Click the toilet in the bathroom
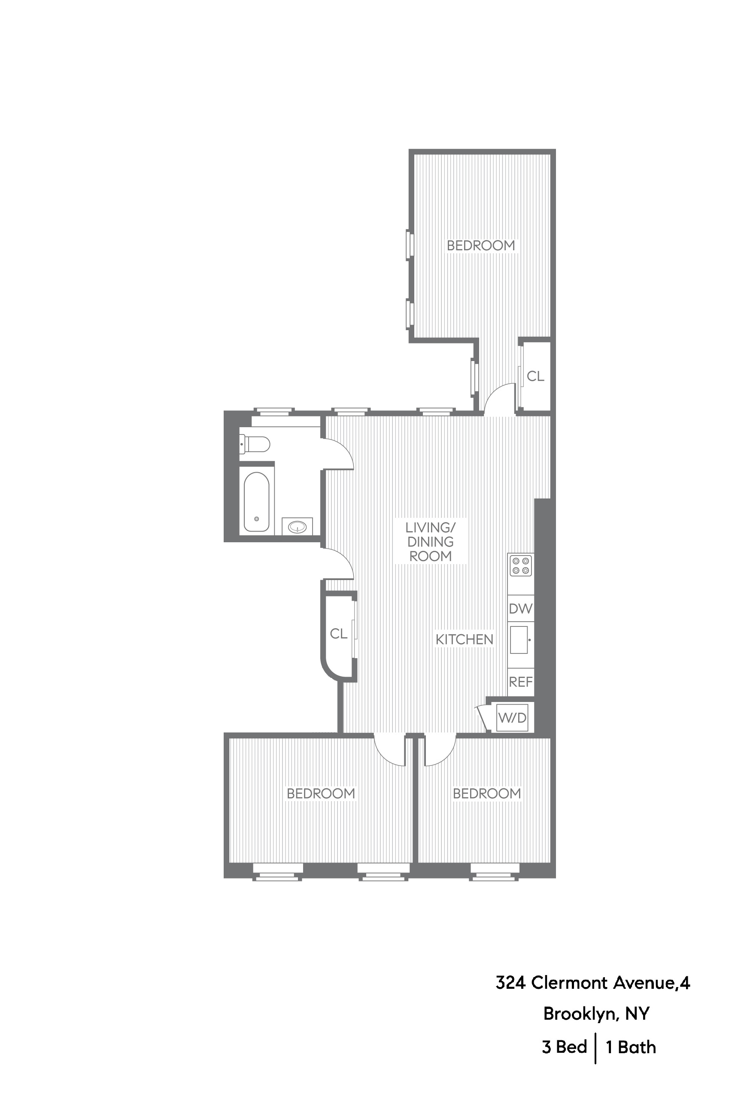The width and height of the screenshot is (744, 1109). (x=255, y=444)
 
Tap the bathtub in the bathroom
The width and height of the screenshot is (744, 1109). (x=256, y=502)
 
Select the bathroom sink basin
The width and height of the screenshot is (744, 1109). (x=298, y=526)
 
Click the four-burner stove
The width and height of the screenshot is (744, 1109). (x=520, y=565)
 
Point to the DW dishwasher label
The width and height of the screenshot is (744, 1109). (x=520, y=608)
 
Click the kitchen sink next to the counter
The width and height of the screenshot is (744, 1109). (x=519, y=640)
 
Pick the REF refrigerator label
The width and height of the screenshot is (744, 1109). (x=520, y=682)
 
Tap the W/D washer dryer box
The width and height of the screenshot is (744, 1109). (x=513, y=717)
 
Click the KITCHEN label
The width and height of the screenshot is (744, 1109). (x=464, y=640)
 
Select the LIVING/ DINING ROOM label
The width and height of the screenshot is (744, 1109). (x=430, y=541)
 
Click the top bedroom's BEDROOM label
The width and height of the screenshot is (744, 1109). (x=481, y=245)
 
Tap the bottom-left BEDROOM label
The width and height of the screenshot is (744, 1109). (x=321, y=793)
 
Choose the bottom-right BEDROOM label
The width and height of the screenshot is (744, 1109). (x=486, y=793)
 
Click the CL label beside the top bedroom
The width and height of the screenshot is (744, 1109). (x=535, y=376)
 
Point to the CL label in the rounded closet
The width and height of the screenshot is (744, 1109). (x=338, y=634)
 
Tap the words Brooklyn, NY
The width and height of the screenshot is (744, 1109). (x=596, y=1014)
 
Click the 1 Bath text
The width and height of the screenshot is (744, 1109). (x=631, y=1047)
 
